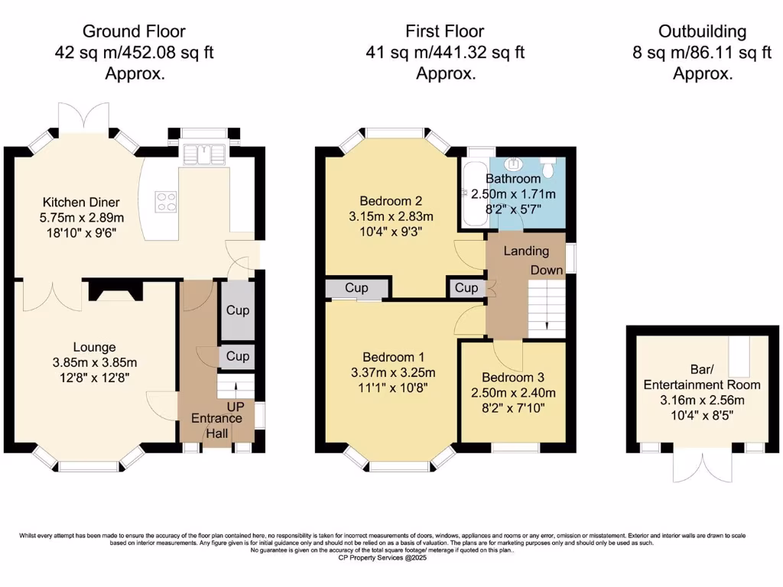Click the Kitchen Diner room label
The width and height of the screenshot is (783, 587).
click(80, 203)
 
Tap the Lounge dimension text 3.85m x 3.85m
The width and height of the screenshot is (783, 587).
click(94, 362)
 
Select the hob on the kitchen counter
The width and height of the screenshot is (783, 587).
click(166, 201)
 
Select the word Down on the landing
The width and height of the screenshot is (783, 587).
click(547, 270)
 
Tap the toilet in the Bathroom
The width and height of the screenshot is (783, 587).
click(548, 166)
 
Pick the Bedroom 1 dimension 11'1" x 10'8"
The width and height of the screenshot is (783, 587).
click(392, 388)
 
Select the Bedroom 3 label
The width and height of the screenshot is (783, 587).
click(513, 378)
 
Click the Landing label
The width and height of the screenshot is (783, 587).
click(525, 251)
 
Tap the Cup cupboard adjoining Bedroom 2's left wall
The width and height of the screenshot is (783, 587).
click(356, 288)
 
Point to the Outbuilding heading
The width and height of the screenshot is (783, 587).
click(702, 31)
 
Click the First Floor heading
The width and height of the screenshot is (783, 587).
click(446, 31)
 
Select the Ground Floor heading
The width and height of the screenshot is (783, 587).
click(134, 31)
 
